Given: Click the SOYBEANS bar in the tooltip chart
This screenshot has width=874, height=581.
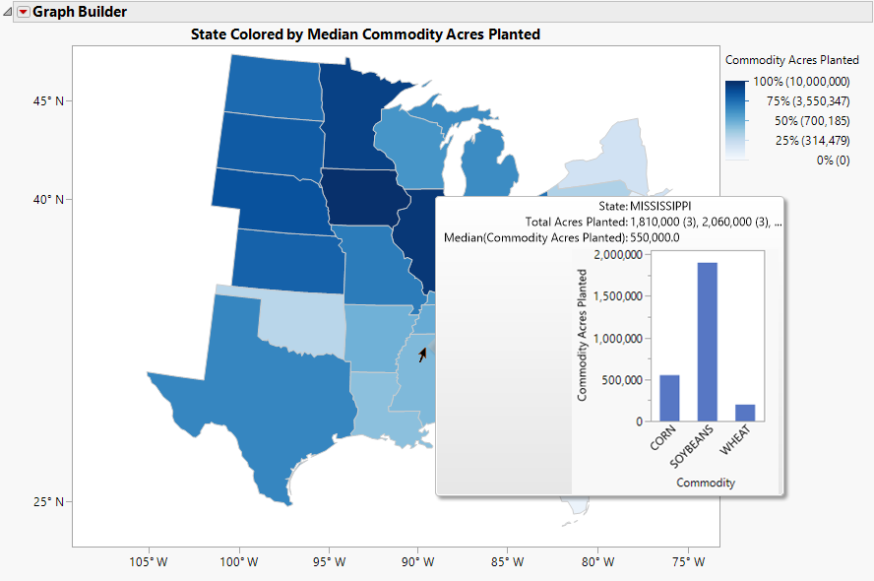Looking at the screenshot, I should click(x=709, y=342).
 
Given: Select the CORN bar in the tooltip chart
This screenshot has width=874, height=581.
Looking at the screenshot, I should click(x=669, y=398).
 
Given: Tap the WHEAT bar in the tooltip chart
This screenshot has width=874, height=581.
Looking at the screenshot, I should click(x=746, y=413).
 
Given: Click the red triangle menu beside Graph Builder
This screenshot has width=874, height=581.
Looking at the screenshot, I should click(x=24, y=13).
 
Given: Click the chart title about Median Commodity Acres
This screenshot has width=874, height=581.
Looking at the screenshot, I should click(x=365, y=34).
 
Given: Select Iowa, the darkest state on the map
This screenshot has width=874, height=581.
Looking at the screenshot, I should click(x=364, y=197).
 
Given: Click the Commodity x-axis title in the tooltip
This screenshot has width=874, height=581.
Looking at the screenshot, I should click(x=707, y=483).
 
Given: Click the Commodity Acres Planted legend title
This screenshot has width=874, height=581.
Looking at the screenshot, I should click(x=792, y=60).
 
